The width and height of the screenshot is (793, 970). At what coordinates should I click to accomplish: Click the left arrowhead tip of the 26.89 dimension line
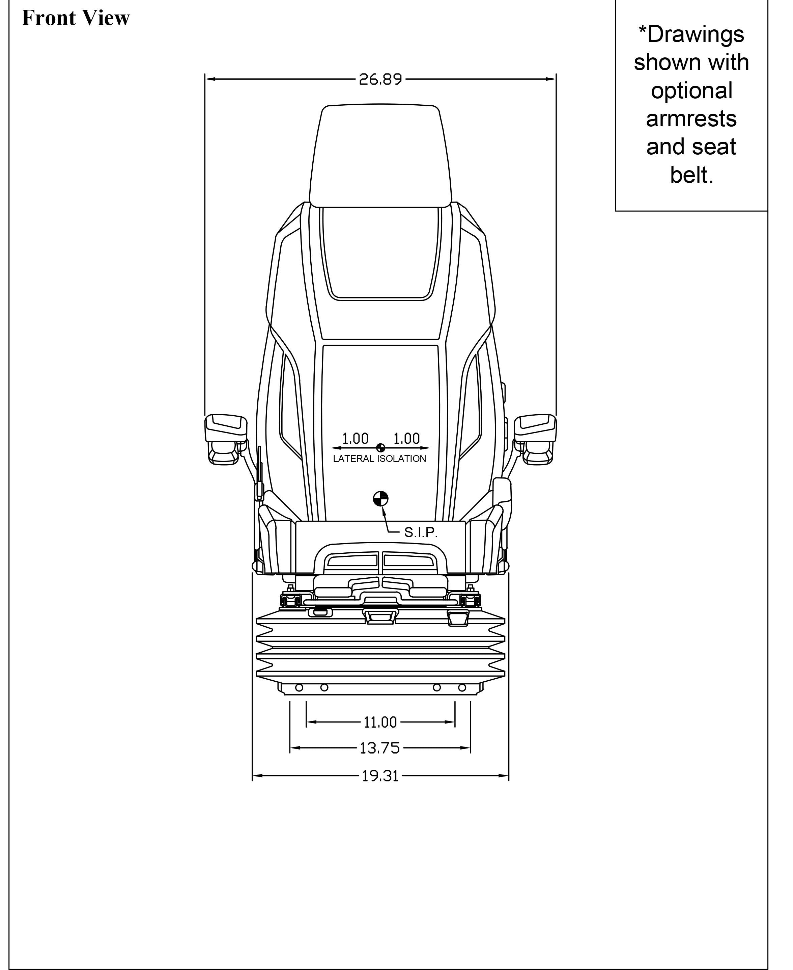[x=205, y=79]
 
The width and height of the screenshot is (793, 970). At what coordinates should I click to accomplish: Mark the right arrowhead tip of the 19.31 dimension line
[x=508, y=776]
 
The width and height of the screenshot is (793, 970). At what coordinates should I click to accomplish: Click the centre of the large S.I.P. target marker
[x=380, y=499]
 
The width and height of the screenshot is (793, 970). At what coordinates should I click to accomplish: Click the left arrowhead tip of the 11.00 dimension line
[x=307, y=722]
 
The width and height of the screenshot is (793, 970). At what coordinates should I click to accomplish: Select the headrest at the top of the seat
[x=380, y=155]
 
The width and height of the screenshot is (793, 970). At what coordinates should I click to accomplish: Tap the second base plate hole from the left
[x=324, y=700]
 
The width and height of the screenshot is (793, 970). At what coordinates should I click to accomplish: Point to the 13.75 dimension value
[x=379, y=748]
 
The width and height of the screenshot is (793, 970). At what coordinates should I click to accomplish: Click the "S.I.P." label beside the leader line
[x=421, y=532]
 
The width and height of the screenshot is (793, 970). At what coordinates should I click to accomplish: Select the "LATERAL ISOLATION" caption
[x=379, y=459]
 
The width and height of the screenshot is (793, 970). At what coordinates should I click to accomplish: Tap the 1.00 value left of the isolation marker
[x=356, y=439]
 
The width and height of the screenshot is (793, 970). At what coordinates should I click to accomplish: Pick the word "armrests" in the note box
[x=691, y=119]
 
